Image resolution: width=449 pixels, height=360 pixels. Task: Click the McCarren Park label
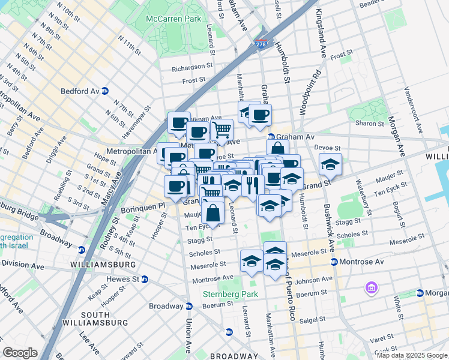pos(173,19)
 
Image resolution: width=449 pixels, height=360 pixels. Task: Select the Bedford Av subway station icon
pos(104,91)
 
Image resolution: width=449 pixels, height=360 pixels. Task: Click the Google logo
pos(20,352)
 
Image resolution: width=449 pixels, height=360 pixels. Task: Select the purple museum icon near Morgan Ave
pos(372,289)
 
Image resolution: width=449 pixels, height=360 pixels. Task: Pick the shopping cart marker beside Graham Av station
pos(221,128)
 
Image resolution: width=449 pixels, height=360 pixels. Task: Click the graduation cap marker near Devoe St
pos(330,163)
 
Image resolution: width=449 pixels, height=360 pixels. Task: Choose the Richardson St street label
pos(193,68)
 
